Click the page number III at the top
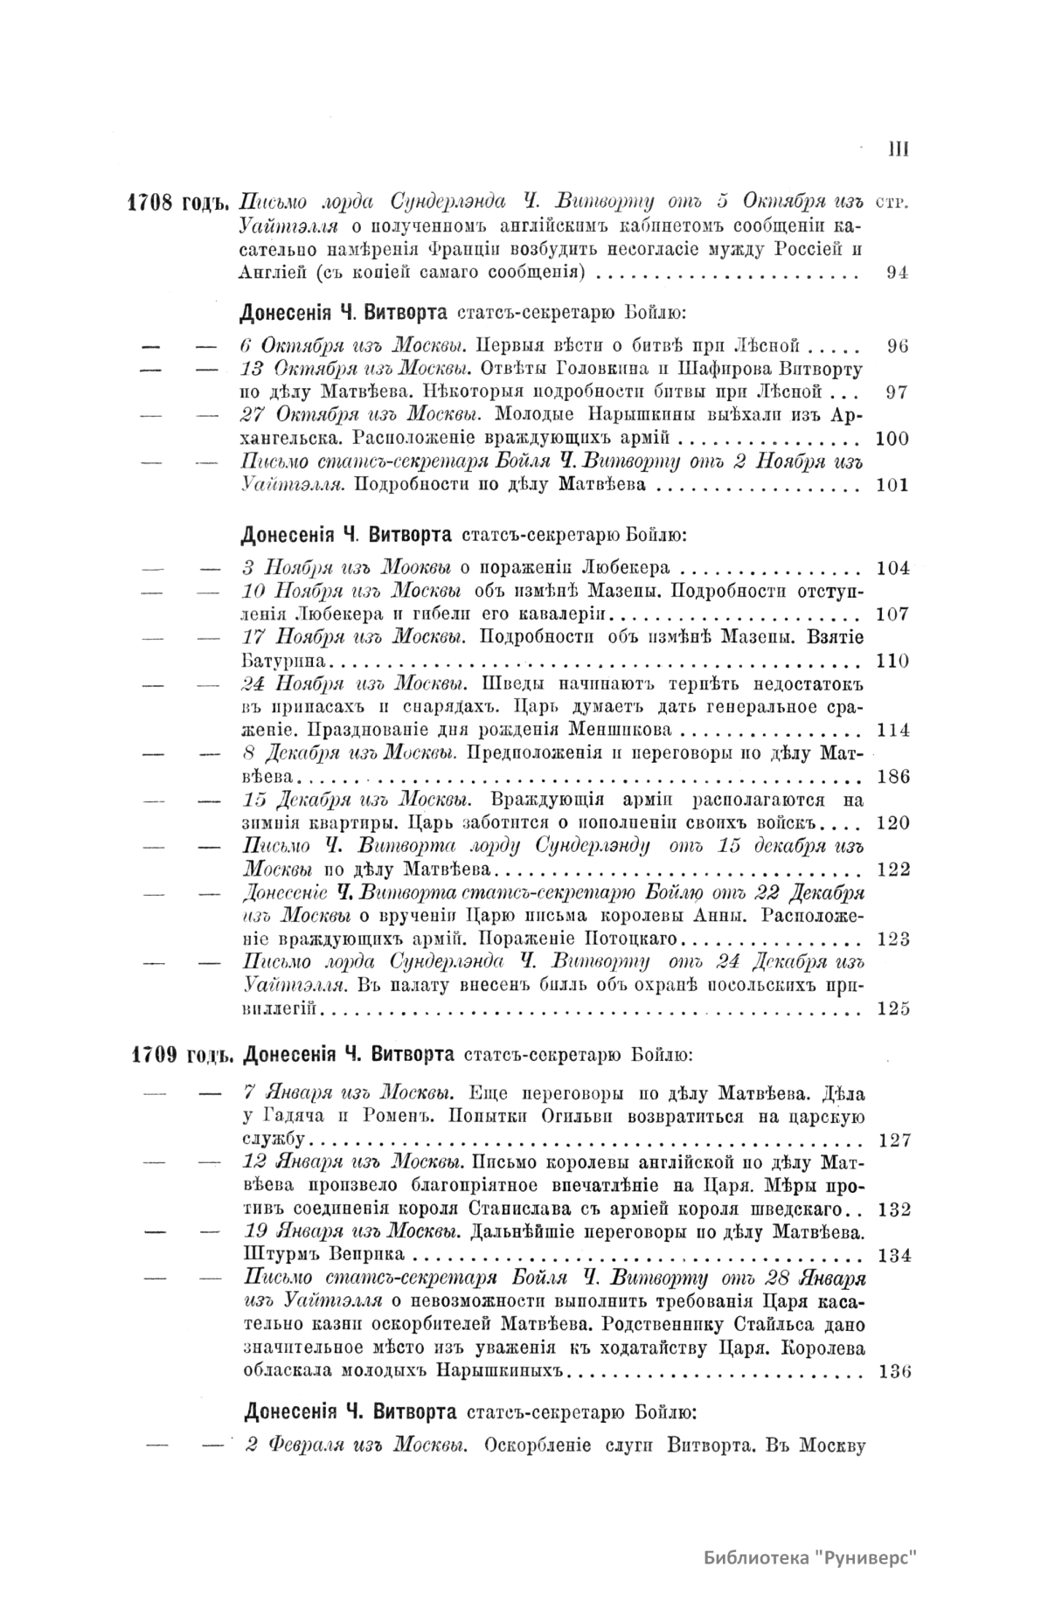click(898, 149)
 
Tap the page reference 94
click(898, 272)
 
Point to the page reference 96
click(898, 345)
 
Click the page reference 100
click(892, 438)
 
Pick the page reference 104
click(892, 568)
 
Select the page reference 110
click(892, 661)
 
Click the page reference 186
click(892, 777)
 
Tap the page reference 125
click(892, 1009)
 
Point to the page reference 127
click(892, 1140)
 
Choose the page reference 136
click(892, 1370)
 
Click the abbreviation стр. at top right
click(892, 203)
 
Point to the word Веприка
click(366, 1256)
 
